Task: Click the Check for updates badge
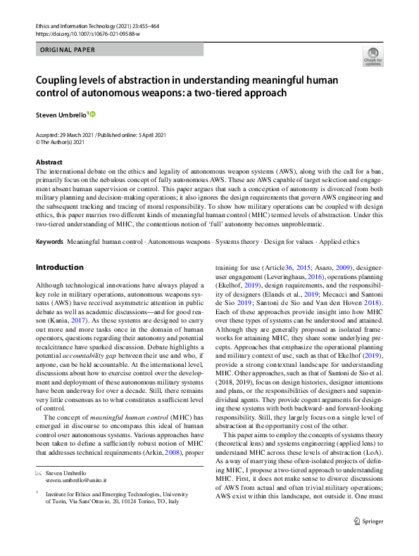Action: point(373,56)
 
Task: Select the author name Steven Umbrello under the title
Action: point(60,115)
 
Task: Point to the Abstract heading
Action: point(49,162)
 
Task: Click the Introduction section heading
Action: point(59,268)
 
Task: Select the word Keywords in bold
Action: point(49,242)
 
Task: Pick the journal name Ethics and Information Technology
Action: point(73,25)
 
